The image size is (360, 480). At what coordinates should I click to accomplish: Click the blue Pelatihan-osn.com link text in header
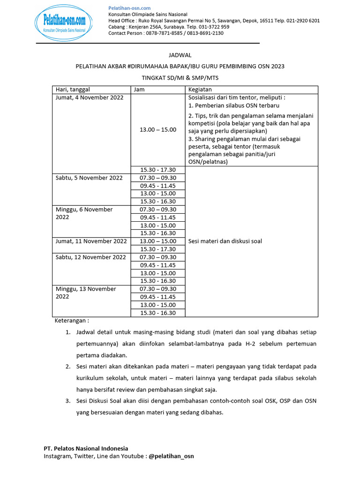(x=129, y=8)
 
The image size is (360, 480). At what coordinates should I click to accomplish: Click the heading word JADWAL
(x=180, y=55)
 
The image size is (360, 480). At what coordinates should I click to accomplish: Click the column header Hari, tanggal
(x=73, y=90)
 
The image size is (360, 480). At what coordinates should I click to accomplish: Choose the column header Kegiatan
(x=200, y=90)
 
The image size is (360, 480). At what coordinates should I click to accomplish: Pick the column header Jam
(x=139, y=90)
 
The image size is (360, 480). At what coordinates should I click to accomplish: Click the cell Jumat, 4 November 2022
(x=90, y=97)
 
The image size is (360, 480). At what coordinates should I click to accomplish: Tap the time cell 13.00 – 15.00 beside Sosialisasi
(x=158, y=129)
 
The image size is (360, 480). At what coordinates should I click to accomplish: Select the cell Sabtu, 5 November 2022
(x=90, y=178)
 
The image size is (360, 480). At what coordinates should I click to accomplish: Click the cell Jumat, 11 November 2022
(x=91, y=241)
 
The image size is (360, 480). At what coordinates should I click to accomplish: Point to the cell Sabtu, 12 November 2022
(x=91, y=257)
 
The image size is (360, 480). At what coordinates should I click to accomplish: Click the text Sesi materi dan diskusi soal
(x=225, y=241)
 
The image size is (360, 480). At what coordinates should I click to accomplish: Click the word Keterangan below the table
(x=72, y=321)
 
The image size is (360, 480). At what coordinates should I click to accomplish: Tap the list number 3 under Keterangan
(x=68, y=401)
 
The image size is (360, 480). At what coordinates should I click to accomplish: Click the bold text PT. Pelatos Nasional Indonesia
(x=86, y=448)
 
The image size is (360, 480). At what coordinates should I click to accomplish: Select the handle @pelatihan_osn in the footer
(x=171, y=456)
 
